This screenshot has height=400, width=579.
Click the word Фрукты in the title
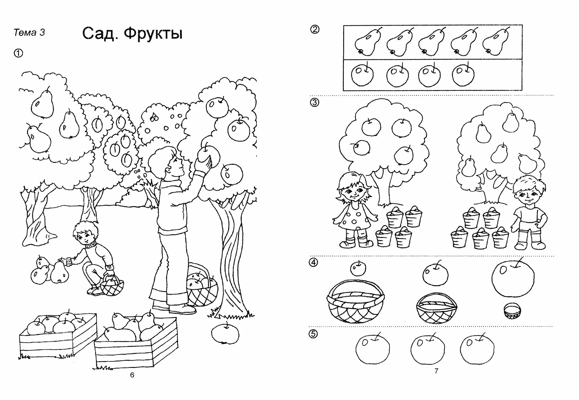(x=153, y=34)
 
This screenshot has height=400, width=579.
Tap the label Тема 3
(x=29, y=32)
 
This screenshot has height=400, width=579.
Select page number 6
(x=132, y=375)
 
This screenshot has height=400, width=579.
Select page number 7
(x=437, y=371)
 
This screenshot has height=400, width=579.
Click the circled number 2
(x=315, y=29)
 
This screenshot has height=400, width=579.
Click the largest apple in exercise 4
(x=513, y=278)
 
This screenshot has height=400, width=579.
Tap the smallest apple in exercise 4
(x=358, y=269)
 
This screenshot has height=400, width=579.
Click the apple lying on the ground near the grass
(x=225, y=333)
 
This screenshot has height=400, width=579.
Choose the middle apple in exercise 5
(x=427, y=350)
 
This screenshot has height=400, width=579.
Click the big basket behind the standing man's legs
(x=202, y=288)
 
